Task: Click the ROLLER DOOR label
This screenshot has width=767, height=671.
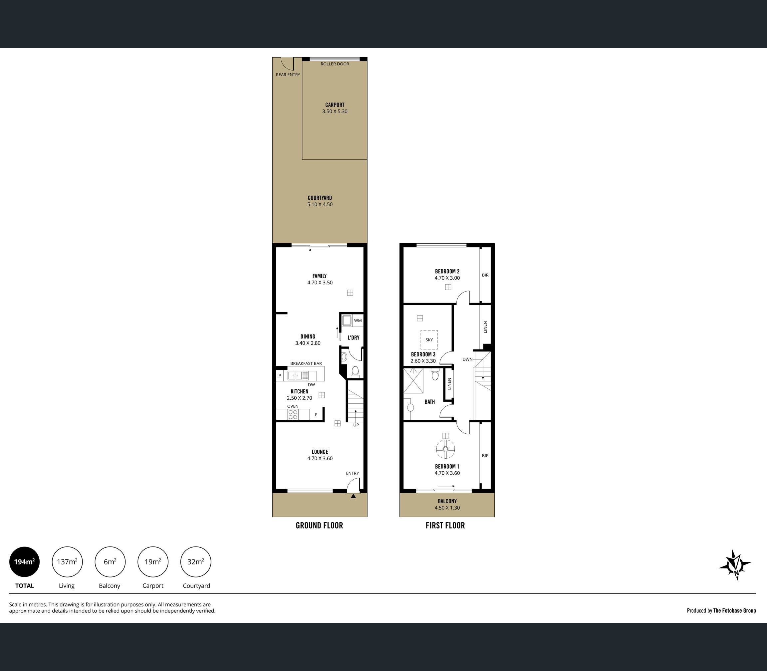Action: coord(335,64)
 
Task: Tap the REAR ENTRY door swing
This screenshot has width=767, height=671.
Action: coord(287,64)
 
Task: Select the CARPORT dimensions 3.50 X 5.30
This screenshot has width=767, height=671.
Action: coord(335,112)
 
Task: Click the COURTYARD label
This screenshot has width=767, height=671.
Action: coord(320,198)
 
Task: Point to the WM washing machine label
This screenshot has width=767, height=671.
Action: coord(358,321)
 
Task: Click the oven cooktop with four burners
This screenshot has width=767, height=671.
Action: coord(293,414)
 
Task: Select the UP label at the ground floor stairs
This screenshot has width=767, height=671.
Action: coord(356,425)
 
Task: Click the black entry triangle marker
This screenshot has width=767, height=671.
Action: coord(353,496)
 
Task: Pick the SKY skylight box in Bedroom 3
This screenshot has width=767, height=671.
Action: coord(429,339)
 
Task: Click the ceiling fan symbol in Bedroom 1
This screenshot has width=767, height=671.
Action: coord(445,449)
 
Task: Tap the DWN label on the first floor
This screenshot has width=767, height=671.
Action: coord(467,359)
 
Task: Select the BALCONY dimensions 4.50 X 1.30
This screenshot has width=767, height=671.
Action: coord(447,508)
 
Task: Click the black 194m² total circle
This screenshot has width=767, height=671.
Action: coord(24,562)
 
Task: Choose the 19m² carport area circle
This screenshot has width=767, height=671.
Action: coord(153,562)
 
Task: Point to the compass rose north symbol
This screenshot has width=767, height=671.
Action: coord(735,564)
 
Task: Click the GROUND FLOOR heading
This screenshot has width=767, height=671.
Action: coord(319,525)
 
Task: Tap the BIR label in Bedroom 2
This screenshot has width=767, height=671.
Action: coord(485,275)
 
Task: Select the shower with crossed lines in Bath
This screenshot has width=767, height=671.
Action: coord(413,380)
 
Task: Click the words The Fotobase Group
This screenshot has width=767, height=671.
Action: coord(734,610)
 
